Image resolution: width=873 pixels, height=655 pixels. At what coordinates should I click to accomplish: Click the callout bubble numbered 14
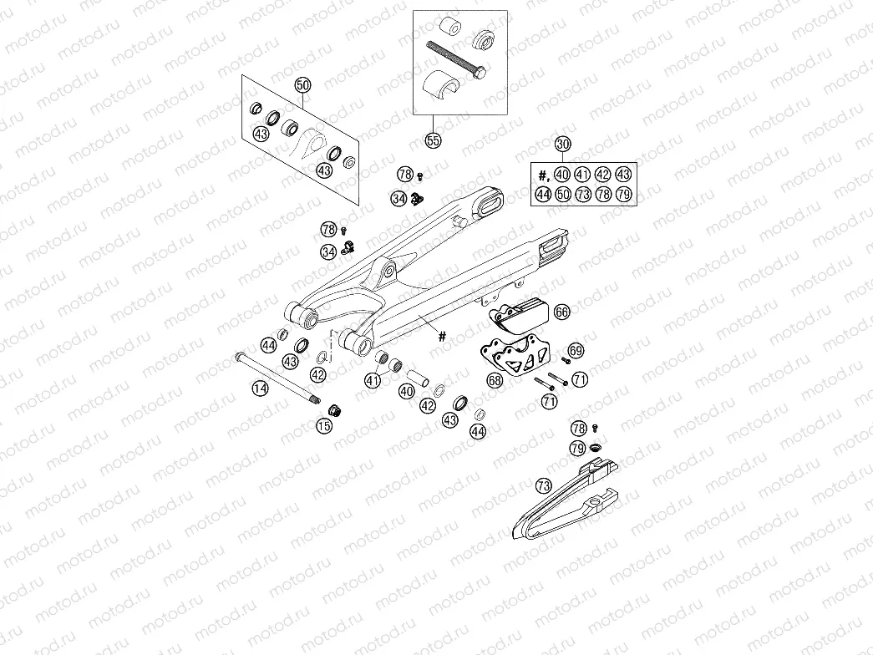tap(260, 388)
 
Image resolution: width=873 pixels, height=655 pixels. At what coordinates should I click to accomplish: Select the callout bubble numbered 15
tap(324, 426)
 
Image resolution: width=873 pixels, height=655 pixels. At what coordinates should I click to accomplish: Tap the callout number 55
tap(433, 140)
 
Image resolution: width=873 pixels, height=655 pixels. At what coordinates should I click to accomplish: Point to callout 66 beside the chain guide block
tap(561, 312)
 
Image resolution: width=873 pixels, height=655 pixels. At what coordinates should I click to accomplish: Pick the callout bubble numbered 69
tap(576, 350)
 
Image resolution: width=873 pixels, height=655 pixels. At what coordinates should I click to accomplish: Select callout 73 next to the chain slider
tap(543, 485)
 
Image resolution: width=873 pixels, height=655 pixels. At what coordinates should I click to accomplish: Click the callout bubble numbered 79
tap(577, 449)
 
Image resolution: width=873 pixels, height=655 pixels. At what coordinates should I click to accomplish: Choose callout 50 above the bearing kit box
tap(302, 85)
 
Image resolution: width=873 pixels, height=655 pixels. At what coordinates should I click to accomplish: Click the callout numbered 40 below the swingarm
tap(408, 391)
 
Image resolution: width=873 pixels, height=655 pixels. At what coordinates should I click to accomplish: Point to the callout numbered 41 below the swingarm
tap(373, 381)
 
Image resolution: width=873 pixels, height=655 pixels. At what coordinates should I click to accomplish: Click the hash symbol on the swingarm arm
tap(443, 336)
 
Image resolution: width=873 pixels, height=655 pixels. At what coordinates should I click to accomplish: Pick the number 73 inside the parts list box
tap(583, 194)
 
